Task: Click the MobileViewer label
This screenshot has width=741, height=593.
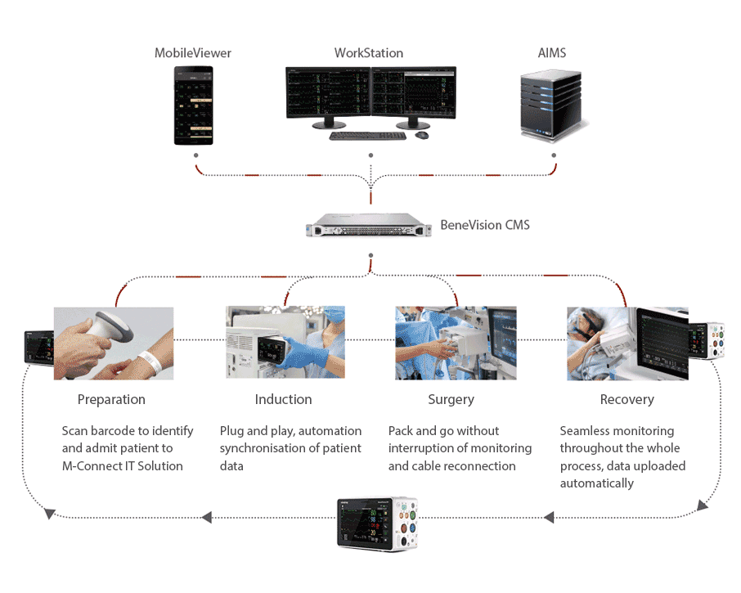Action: pyautogui.click(x=193, y=53)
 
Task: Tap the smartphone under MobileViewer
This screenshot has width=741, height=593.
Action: pyautogui.click(x=194, y=106)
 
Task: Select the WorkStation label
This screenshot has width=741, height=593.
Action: pyautogui.click(x=368, y=53)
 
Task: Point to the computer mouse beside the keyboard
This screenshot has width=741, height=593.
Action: pyautogui.click(x=422, y=135)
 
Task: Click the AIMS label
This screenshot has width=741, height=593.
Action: pyautogui.click(x=553, y=53)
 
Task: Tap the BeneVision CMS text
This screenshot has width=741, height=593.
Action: pyautogui.click(x=484, y=224)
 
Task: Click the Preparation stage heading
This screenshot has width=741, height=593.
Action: pyautogui.click(x=111, y=400)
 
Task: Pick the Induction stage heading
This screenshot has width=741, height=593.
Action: pyautogui.click(x=283, y=400)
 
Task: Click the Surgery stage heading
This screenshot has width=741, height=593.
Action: pyautogui.click(x=451, y=400)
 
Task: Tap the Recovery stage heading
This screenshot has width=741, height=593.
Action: pyautogui.click(x=626, y=400)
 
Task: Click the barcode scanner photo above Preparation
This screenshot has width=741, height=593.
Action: pyautogui.click(x=114, y=344)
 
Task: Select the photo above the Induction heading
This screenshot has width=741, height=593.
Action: pyautogui.click(x=285, y=344)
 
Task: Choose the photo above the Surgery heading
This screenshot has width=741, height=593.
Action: pyautogui.click(x=456, y=344)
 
